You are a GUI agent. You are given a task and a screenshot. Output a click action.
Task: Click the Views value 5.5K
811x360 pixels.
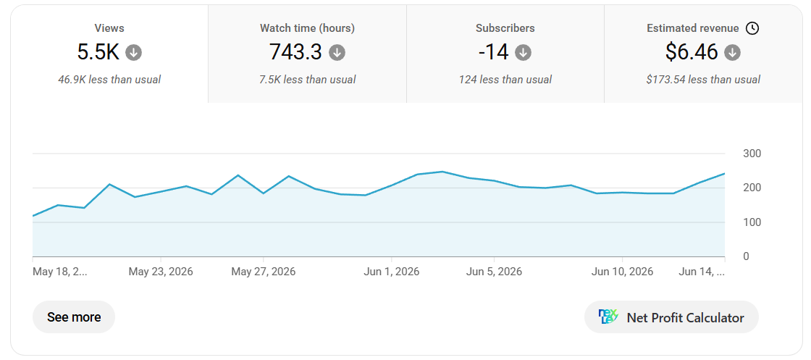pos(98,52)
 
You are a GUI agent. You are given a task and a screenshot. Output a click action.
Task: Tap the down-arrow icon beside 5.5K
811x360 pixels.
pos(133,52)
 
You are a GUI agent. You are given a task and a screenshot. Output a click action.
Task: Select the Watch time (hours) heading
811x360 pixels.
pos(307,28)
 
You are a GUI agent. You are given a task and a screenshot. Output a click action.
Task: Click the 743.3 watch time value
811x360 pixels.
pos(295,52)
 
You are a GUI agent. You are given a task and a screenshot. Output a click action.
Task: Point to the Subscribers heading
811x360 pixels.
pos(505,28)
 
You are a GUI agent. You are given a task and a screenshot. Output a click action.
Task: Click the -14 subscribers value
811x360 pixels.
pos(493,52)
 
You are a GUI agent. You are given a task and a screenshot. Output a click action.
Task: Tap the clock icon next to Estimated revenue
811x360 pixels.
pos(752,28)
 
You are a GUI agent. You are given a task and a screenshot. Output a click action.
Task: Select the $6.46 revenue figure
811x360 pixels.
pos(692,52)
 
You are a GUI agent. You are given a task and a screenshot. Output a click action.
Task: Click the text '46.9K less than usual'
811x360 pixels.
pos(109,80)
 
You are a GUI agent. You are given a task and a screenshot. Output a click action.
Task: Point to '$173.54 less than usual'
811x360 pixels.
pos(703,80)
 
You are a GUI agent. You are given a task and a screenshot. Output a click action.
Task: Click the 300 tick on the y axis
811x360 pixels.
pos(752,154)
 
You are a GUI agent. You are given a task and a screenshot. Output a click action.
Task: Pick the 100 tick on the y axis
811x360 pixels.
pos(752,222)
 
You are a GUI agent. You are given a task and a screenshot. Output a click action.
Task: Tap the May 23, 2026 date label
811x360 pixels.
pos(161,272)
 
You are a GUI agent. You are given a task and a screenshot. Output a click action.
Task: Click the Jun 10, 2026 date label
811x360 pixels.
pos(622,272)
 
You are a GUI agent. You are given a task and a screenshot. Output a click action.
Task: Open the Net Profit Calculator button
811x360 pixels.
pos(671,317)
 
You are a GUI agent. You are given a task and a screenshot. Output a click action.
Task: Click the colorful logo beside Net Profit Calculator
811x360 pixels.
pos(608,317)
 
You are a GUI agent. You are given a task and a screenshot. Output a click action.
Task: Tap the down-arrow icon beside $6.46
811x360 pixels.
pos(732,52)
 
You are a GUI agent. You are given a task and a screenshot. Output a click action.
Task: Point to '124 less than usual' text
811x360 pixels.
pos(505,80)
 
